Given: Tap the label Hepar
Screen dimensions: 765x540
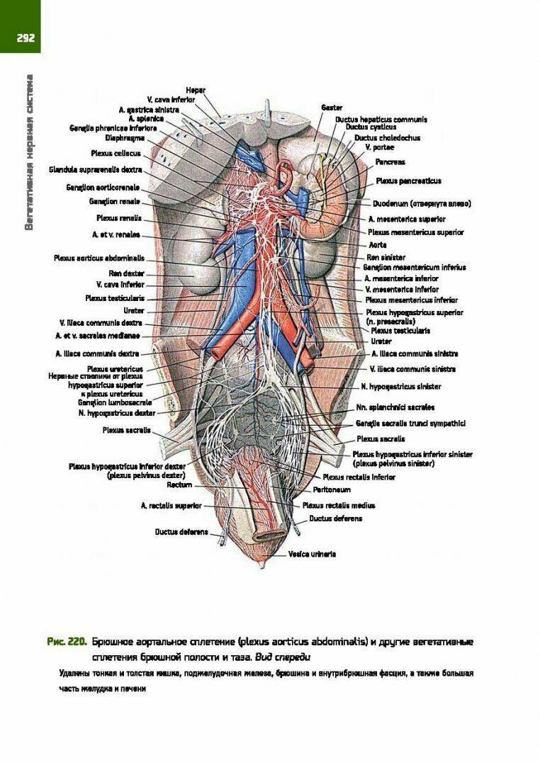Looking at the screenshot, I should pos(196,90).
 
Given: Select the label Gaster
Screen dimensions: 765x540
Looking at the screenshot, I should pos(332,107).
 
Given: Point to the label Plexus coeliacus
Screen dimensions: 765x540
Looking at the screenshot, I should pos(116,153).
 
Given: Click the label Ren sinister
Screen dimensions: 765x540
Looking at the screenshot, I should pos(386,257).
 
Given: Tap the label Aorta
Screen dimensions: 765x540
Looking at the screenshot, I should pos(378,244).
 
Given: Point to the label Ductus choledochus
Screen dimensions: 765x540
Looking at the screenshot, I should pos(387,138).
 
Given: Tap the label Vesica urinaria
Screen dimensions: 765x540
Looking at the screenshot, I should pos(312,554).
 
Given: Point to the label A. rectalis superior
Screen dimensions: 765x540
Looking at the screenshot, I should pos(171,506).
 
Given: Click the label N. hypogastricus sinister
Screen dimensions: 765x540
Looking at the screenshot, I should pos(400,387).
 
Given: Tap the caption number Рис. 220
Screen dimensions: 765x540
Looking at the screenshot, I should pos(67,642).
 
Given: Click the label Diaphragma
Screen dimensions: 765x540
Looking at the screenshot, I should pos(125,138).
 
